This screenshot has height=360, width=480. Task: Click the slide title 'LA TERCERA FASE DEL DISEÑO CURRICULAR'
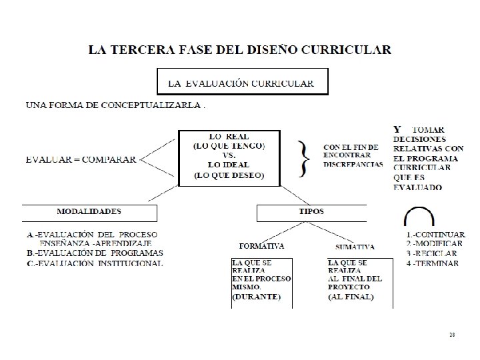pos(239,50)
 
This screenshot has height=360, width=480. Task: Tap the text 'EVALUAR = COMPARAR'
pos(81,159)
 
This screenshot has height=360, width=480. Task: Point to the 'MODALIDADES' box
pos(89,212)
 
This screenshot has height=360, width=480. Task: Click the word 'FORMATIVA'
pos(262,246)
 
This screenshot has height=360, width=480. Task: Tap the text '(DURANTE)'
pos(257,296)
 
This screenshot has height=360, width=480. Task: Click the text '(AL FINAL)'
pos(351,296)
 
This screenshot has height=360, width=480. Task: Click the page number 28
pos(451,334)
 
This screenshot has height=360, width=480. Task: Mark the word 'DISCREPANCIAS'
pos(353,164)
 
